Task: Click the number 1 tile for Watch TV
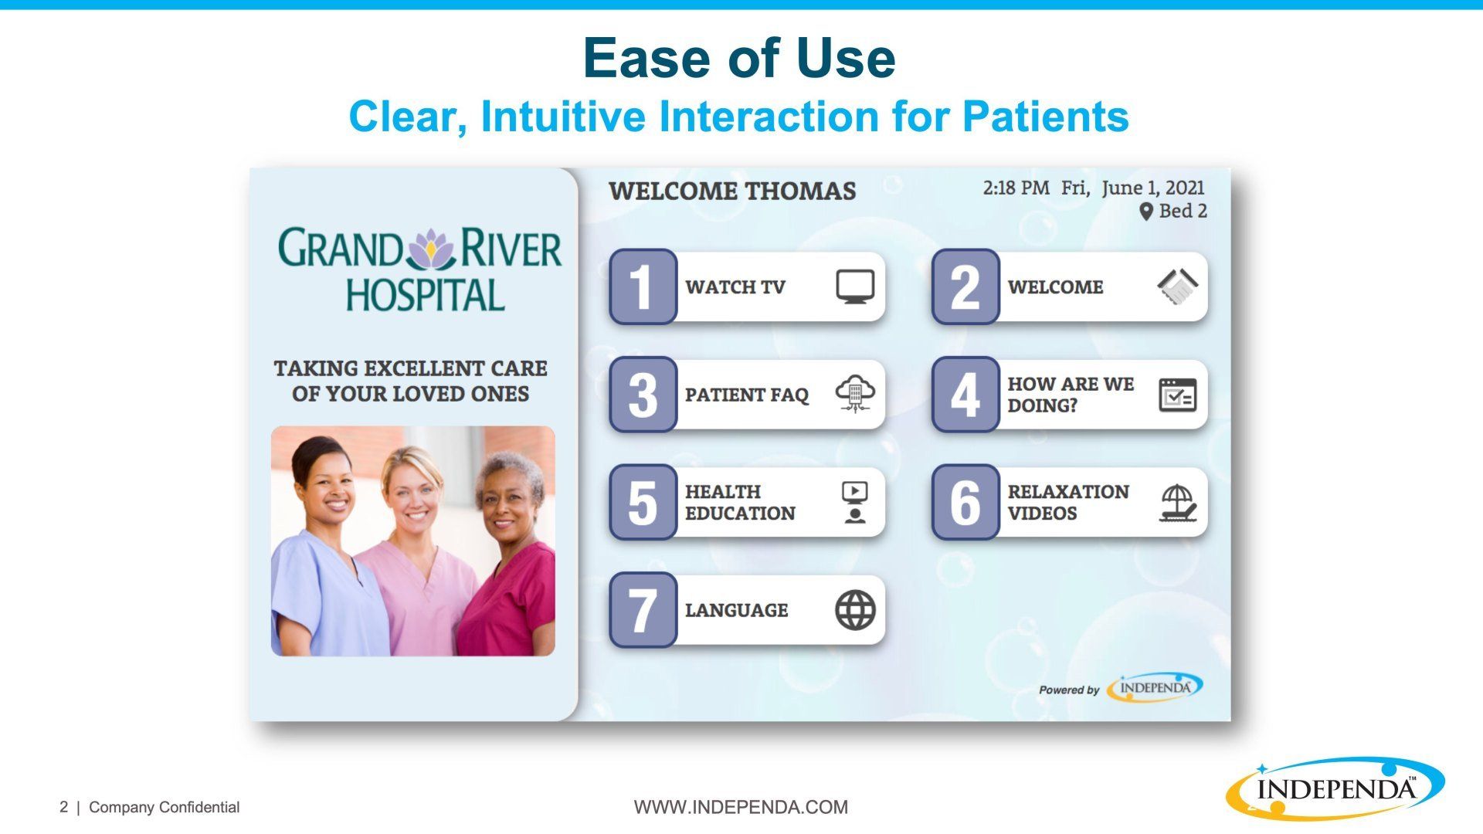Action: click(643, 286)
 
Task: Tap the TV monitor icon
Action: click(855, 286)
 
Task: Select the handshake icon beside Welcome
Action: click(1177, 286)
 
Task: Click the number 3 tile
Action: click(643, 395)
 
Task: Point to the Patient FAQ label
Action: click(746, 395)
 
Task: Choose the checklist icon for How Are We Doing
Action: click(1177, 395)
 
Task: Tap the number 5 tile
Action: click(643, 502)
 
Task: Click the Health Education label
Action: click(740, 502)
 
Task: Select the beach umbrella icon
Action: click(1177, 503)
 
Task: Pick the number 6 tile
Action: click(965, 502)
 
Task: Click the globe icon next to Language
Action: click(855, 610)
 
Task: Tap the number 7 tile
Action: click(643, 610)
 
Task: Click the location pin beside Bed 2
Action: click(1146, 211)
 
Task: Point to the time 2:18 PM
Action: click(1016, 188)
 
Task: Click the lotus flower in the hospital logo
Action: click(432, 249)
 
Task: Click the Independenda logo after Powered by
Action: click(1155, 687)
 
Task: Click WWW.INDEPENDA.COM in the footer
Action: click(741, 807)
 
